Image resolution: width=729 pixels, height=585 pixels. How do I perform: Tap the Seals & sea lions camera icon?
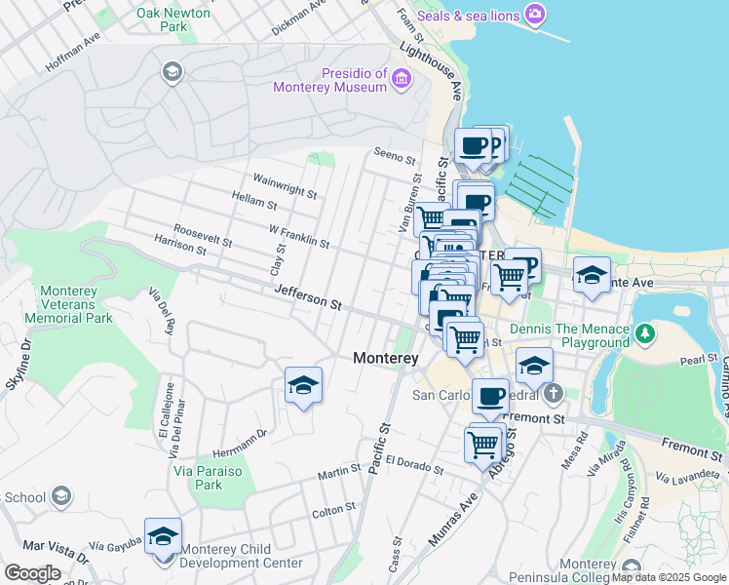click(534, 15)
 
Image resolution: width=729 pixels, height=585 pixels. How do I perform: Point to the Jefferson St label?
click(308, 297)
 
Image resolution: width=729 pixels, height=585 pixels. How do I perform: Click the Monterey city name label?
click(385, 358)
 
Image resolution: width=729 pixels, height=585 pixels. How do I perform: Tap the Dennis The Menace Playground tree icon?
click(644, 334)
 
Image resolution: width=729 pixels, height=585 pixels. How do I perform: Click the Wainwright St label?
click(285, 186)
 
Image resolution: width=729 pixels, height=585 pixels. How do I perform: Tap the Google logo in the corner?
click(32, 573)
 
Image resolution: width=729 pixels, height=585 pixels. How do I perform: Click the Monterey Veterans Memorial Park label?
click(76, 304)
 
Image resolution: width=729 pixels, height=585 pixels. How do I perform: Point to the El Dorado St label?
click(414, 464)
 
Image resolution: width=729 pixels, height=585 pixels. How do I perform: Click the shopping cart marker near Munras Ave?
click(483, 445)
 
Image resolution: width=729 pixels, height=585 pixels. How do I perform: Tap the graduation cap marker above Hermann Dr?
click(303, 385)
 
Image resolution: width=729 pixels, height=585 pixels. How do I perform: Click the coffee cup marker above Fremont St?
click(490, 396)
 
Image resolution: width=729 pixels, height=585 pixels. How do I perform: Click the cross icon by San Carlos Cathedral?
click(553, 394)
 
